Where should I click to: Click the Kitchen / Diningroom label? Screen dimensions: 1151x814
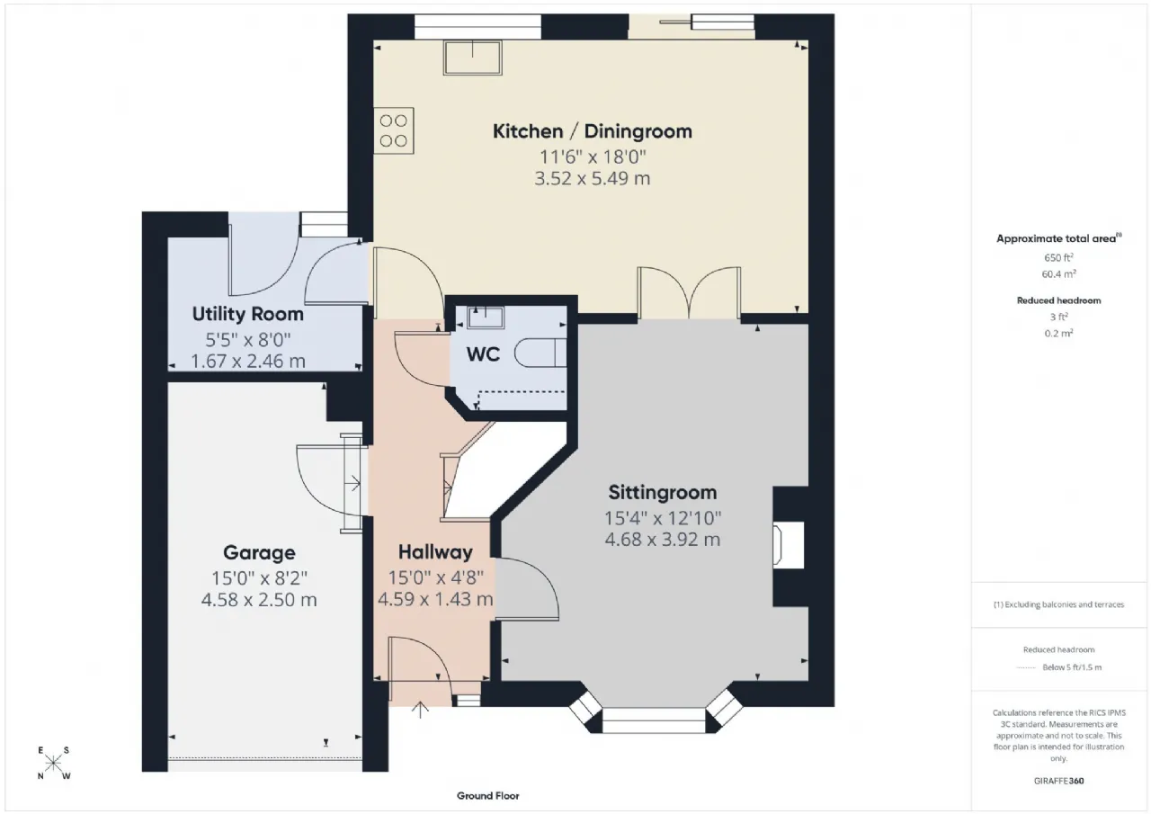(x=592, y=131)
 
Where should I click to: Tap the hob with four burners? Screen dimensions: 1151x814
(x=394, y=130)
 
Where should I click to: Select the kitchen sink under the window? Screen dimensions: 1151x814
(x=473, y=58)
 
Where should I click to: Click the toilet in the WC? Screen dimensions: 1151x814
(x=540, y=353)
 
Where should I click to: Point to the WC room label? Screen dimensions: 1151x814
(x=483, y=354)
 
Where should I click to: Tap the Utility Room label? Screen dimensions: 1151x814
(x=247, y=314)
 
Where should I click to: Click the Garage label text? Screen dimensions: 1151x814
(x=259, y=553)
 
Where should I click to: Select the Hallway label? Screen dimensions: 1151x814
(x=435, y=552)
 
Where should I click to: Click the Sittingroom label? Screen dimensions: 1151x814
(x=663, y=492)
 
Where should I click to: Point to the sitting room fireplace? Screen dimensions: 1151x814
(x=789, y=545)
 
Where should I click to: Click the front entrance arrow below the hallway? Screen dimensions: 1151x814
(x=420, y=710)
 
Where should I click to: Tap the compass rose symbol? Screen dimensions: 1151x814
(x=53, y=763)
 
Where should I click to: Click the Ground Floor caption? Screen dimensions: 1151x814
(x=487, y=795)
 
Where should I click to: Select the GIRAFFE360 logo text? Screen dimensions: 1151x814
(x=1058, y=781)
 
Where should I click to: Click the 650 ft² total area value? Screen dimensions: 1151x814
(x=1058, y=257)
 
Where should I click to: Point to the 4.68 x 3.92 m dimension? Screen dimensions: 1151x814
(x=663, y=540)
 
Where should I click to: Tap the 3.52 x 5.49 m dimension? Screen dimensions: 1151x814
(x=592, y=178)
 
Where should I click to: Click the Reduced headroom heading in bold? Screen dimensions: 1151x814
(x=1058, y=300)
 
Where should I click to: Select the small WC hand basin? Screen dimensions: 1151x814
(x=485, y=318)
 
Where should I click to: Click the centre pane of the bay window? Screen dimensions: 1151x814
(x=654, y=720)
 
